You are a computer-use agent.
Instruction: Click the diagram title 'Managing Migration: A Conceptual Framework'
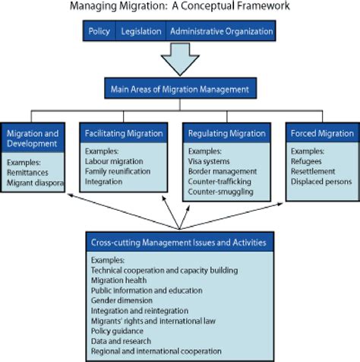pos(180,7)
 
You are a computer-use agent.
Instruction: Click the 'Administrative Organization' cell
pos(220,32)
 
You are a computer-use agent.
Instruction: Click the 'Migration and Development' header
pos(33,138)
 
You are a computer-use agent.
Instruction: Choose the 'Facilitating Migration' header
pos(125,134)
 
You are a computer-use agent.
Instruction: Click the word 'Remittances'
pos(27,173)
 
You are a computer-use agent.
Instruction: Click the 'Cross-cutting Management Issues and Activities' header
pos(179,243)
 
